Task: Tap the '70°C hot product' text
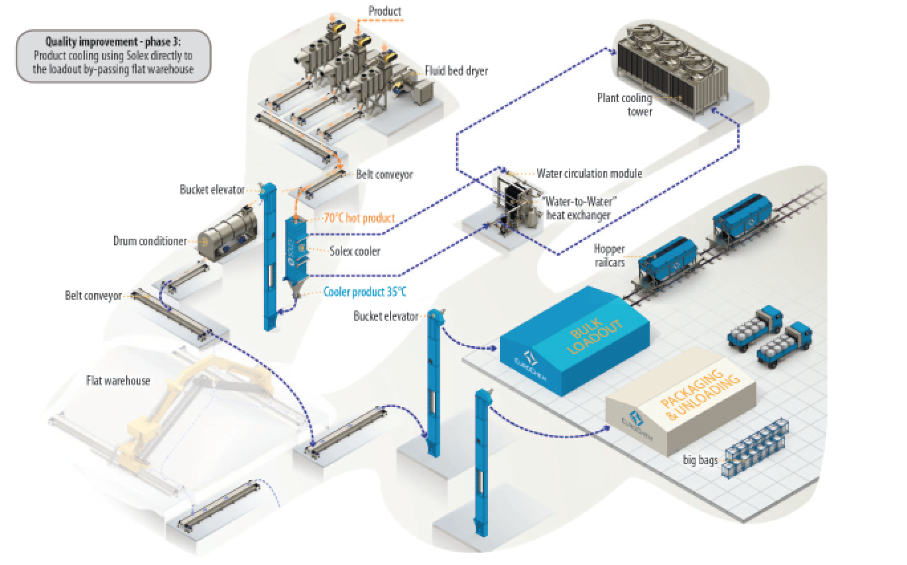coord(359,218)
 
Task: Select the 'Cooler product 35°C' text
coord(365,290)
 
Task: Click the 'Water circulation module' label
coord(589,174)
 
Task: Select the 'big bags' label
coord(701,460)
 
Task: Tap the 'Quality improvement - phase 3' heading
coord(113,42)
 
